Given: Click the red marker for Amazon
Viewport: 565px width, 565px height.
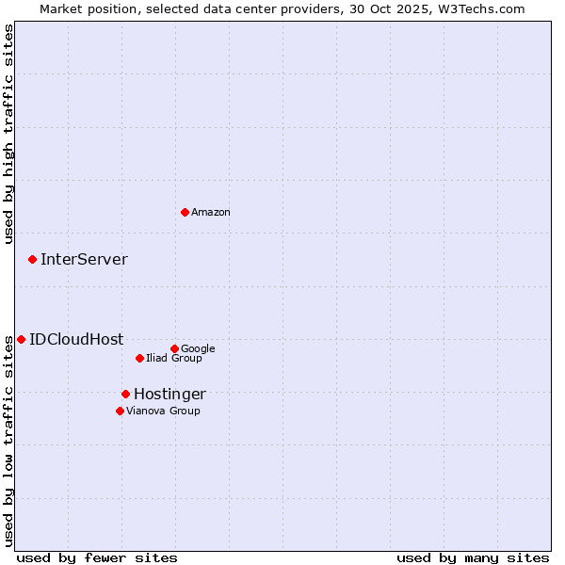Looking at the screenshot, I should (185, 212).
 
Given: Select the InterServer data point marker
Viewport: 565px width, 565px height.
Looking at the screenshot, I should (32, 259).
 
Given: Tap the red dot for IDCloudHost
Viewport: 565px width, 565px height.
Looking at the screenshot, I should (21, 339).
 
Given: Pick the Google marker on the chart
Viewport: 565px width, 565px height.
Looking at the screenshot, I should (174, 348).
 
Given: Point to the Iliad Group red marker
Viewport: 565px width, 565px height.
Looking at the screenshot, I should (139, 358).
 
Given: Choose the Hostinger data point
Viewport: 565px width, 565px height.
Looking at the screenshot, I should (125, 394).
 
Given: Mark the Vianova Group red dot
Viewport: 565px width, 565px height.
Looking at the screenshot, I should (120, 411).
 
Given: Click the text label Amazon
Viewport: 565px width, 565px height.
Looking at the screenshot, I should (211, 213).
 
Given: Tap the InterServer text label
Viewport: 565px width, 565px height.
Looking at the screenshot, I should (84, 260).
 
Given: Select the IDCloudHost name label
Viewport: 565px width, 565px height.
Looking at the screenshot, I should (76, 340).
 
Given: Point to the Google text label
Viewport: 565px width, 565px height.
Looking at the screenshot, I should (198, 349).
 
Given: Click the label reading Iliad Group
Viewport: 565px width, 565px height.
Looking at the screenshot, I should (174, 359).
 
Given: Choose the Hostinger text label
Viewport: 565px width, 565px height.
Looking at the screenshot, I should (169, 395).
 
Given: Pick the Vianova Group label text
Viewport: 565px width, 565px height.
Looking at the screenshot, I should (163, 412).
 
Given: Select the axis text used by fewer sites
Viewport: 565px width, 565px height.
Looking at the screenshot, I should (97, 557).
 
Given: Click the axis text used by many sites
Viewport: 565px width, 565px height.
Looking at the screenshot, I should (473, 557).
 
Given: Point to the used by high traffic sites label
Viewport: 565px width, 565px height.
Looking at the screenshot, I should (8, 135).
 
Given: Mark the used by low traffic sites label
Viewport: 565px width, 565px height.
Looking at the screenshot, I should (8, 440).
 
